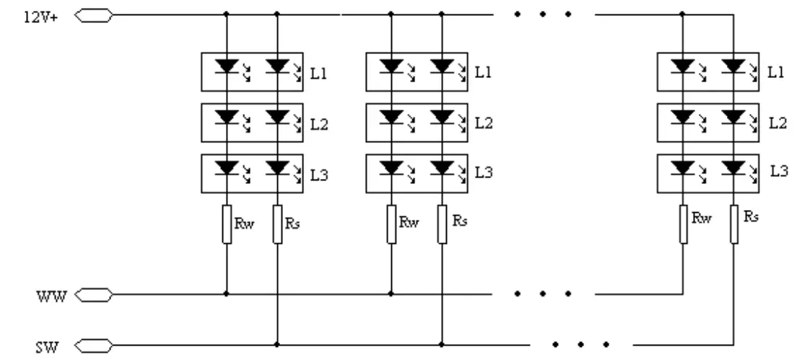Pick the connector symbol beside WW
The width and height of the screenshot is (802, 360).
(94, 294)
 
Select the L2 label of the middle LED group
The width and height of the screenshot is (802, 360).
(483, 123)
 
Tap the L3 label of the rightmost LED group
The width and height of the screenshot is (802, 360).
(779, 172)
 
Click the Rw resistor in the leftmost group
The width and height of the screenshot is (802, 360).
(227, 224)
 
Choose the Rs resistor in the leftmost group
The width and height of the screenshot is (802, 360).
(277, 224)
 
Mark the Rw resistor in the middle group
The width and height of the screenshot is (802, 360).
(391, 224)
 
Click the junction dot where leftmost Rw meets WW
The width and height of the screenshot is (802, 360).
(227, 294)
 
